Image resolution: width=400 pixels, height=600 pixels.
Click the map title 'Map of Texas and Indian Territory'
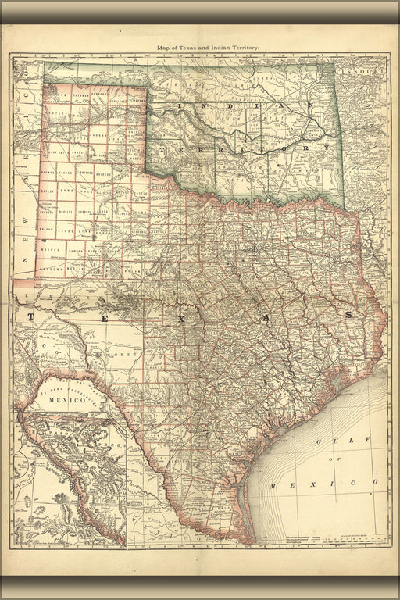[x=208, y=48]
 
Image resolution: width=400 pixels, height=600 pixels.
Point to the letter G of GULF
[x=320, y=442]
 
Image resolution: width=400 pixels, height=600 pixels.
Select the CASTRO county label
[x=68, y=170]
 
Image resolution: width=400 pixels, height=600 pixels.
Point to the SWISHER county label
[x=87, y=170]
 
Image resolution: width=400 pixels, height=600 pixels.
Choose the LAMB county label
[x=68, y=190]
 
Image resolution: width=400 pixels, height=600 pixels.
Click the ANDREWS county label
[x=52, y=269]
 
